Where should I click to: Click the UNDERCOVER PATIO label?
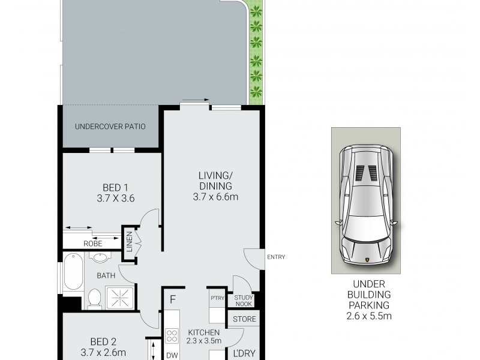110,127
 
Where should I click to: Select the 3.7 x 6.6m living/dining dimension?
215,196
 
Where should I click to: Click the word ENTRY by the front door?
276,257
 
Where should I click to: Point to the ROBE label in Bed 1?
92,243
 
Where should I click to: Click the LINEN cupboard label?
129,244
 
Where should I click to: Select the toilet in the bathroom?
94,298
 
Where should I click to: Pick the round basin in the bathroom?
100,257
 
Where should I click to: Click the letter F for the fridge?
173,299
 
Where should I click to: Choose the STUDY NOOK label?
244,300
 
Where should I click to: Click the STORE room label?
244,319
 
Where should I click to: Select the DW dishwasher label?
172,355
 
